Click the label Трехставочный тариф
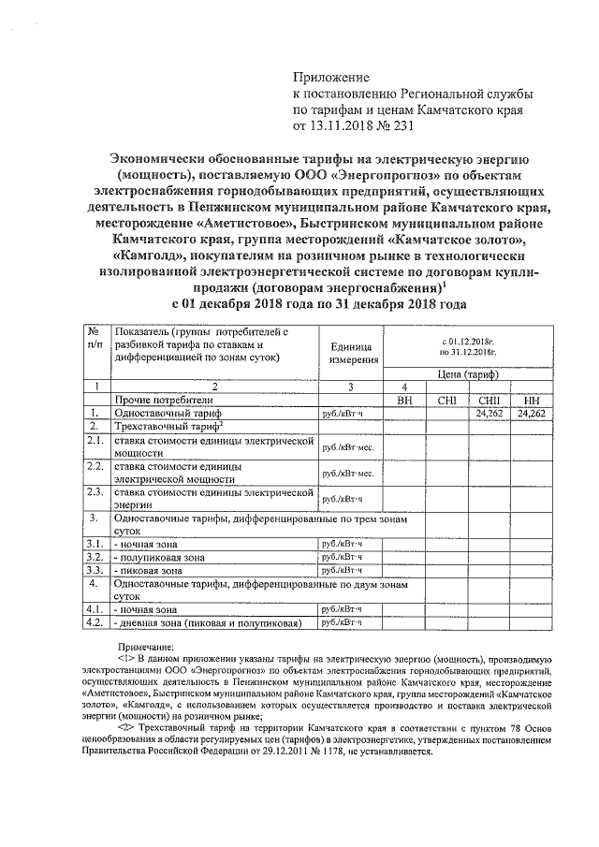160,426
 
